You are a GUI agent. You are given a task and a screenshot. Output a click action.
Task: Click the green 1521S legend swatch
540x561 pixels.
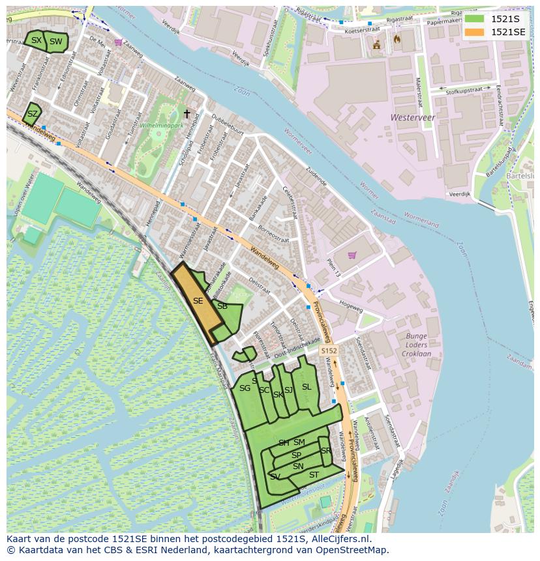pos(474,19)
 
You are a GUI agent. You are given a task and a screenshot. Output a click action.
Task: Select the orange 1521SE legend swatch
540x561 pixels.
pos(474,32)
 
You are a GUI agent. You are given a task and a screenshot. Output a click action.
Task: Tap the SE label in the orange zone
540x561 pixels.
pos(198,301)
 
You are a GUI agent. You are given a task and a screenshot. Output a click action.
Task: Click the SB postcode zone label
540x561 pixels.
pos(222,306)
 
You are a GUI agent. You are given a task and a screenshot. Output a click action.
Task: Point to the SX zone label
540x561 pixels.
pos(36,40)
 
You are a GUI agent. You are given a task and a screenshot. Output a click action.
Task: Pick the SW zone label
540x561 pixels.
pos(56,42)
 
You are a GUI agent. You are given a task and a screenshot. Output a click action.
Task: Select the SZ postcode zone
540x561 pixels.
pos(32,114)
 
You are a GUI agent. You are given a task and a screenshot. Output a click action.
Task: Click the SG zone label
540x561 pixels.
pos(245,388)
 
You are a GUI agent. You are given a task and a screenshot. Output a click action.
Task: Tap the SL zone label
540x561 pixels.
pos(307,387)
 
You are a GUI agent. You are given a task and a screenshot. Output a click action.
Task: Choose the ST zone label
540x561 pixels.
pos(314,475)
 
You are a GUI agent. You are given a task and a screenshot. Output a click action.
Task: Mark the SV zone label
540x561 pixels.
pos(275,477)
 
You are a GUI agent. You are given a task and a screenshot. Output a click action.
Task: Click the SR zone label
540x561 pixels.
pos(325,451)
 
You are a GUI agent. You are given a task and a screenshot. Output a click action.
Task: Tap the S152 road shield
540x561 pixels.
pos(329,351)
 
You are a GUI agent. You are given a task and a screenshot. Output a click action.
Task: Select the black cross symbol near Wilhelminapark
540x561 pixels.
pos(187,114)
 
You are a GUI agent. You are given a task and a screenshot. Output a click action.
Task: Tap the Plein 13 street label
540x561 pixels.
pos(333,266)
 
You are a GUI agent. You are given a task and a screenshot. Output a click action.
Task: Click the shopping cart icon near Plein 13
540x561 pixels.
pos(353,255)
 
